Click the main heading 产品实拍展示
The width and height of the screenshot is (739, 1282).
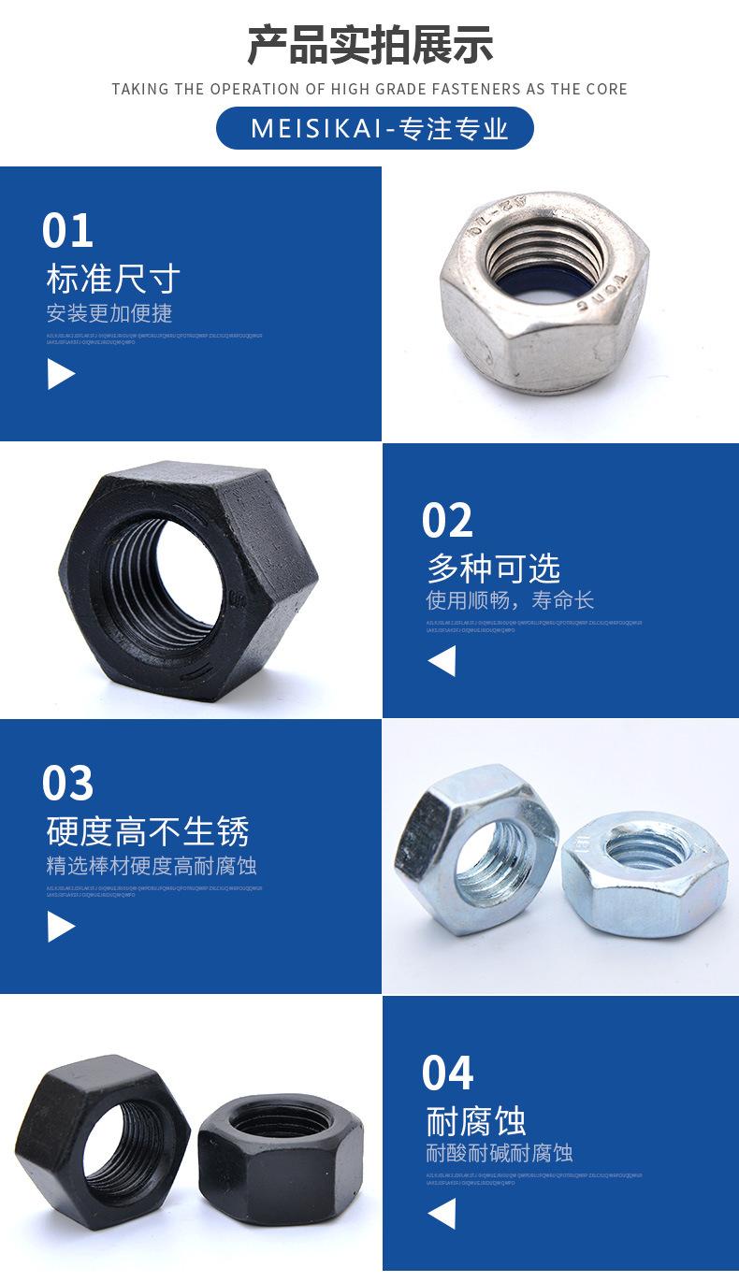point(369,45)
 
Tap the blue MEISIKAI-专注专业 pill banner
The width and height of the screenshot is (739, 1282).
point(374,128)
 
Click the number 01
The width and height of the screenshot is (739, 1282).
point(67,231)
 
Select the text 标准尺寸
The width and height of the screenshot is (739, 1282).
point(112,279)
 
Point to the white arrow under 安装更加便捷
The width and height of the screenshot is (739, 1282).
point(61,375)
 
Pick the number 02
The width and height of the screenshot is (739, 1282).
point(447,521)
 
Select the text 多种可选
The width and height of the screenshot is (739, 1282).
point(493,568)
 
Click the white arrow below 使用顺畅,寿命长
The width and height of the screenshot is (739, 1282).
point(442,662)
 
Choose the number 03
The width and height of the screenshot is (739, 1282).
point(67,784)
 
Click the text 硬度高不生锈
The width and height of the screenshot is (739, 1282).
point(148,830)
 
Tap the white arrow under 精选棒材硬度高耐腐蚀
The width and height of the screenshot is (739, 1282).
point(61,927)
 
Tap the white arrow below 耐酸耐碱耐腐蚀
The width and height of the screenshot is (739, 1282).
point(442,1214)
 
